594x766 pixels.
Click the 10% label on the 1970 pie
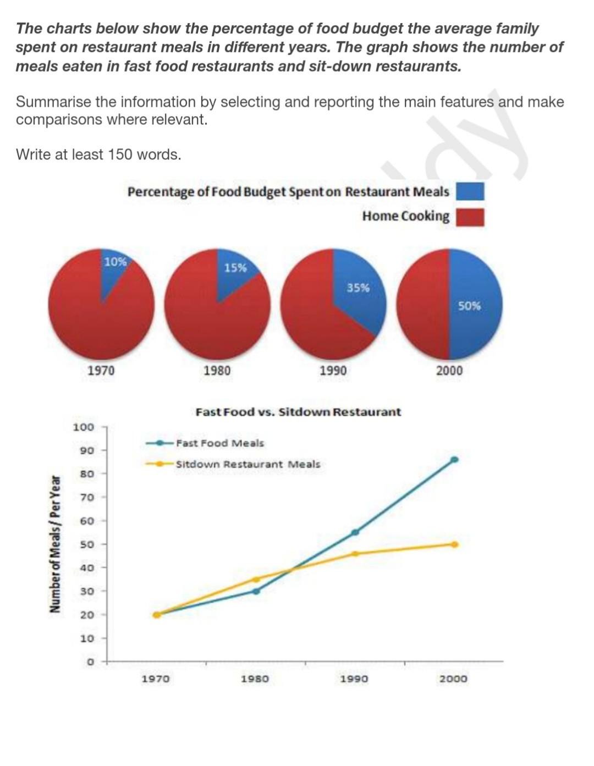coord(115,262)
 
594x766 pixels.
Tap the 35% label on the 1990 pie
coord(358,287)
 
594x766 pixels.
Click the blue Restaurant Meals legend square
coord(470,191)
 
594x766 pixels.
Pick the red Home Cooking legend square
coord(470,217)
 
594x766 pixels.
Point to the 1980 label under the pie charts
coord(217,370)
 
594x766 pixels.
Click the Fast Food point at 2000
coord(454,460)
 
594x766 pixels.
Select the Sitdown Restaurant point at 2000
coord(454,544)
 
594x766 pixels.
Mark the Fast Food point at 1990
coord(355,532)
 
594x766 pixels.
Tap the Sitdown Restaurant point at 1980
coord(256,579)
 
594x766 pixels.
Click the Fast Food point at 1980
coord(256,591)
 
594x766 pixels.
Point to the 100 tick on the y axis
coord(84,427)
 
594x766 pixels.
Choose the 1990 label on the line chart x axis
coord(354,679)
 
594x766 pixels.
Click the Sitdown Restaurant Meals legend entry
coord(247,464)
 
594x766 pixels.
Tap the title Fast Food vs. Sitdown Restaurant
coord(298,412)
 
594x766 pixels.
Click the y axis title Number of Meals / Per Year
coord(54,544)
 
